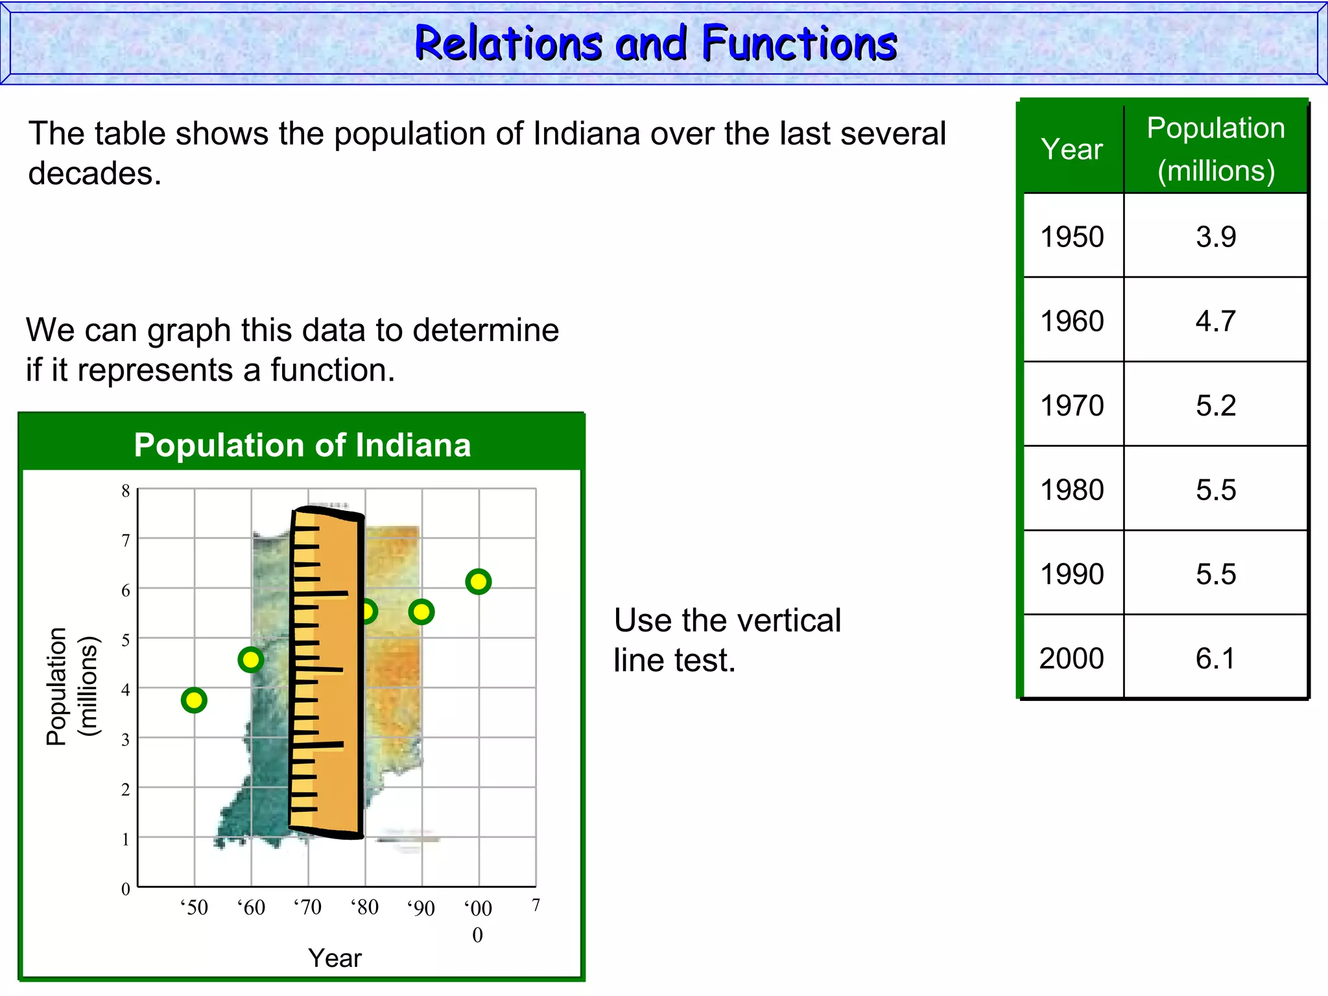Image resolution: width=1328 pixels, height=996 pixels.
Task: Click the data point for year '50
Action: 194,700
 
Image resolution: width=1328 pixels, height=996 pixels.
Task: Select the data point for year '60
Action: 251,660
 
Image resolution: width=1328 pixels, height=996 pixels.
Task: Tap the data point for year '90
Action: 421,611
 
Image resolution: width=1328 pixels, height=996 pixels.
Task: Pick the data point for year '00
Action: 479,582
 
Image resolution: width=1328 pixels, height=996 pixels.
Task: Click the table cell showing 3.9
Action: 1216,237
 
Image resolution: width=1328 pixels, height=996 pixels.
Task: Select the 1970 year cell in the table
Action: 1073,405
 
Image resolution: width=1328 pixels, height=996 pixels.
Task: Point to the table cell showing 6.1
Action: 1216,658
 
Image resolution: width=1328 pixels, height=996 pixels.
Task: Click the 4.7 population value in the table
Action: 1216,321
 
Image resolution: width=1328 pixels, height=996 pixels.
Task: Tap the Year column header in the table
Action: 1072,149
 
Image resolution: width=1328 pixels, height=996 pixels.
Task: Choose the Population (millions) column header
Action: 1216,149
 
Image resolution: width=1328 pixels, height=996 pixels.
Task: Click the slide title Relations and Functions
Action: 656,43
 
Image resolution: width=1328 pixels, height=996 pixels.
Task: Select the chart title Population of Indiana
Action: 302,445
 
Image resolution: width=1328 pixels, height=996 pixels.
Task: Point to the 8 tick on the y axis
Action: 126,491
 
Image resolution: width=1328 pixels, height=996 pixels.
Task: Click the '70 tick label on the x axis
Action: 307,907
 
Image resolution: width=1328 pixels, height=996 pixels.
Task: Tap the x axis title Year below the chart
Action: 335,958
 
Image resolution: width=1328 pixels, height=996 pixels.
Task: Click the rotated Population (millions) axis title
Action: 71,686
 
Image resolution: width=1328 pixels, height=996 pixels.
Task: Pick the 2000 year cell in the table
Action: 1072,658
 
